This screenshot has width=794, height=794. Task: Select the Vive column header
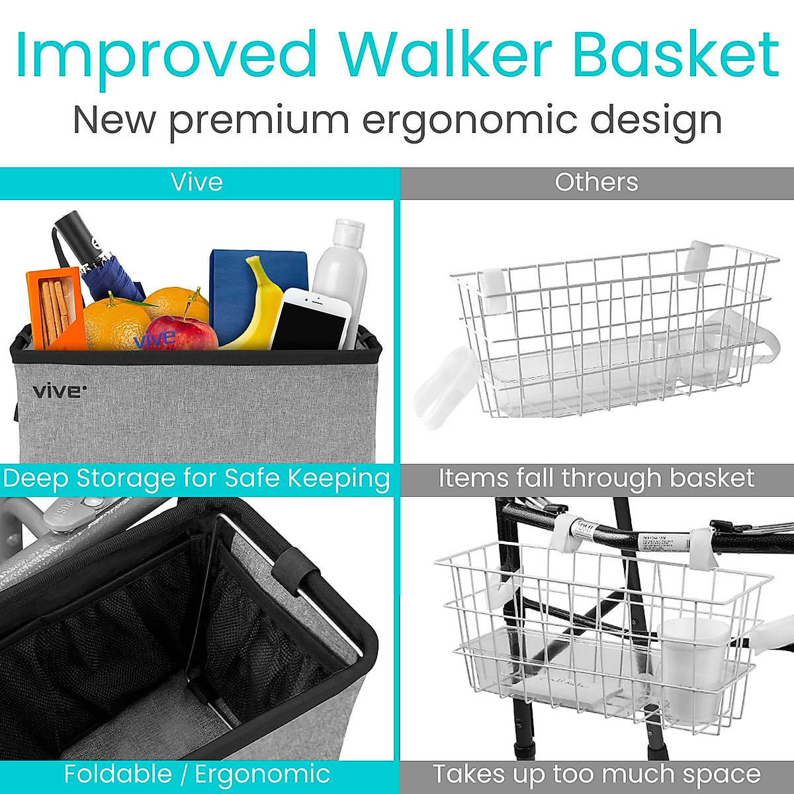(x=197, y=182)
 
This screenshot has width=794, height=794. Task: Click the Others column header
(x=596, y=182)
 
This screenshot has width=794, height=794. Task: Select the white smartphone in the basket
(x=310, y=321)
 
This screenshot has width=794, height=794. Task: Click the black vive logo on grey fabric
(x=59, y=391)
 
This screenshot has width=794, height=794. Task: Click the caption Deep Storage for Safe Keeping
(x=197, y=478)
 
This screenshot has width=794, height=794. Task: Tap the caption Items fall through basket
(x=596, y=478)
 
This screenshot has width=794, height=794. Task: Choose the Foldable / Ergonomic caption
(x=197, y=773)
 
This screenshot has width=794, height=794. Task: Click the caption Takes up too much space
(x=596, y=773)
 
